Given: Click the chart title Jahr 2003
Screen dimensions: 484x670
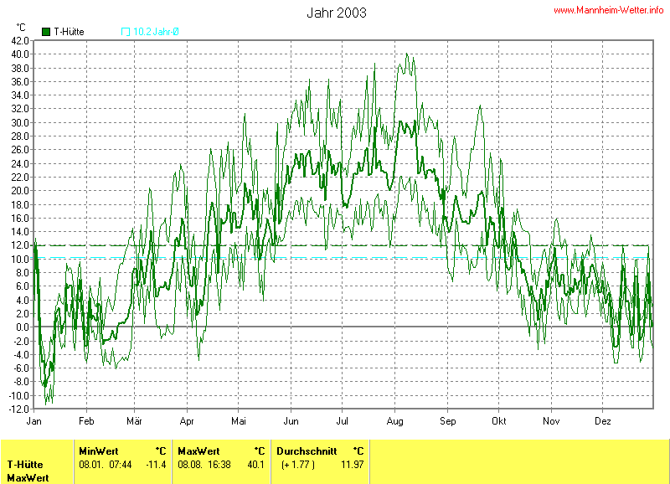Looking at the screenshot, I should coord(337,13).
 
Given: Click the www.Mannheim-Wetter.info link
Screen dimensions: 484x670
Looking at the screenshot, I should coord(609,9).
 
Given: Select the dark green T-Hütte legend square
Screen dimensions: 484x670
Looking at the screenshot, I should coord(46,32).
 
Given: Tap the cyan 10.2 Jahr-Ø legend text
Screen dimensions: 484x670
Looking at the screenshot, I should coord(157,32).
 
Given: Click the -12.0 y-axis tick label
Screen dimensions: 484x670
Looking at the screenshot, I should coord(19,409).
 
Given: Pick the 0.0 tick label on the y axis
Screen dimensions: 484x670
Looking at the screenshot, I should coord(23,327).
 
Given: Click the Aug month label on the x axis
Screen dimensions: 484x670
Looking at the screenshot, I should coord(396,420).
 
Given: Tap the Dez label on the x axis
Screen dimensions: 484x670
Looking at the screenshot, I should coord(604,420).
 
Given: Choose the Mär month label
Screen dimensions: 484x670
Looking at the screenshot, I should coord(136,420).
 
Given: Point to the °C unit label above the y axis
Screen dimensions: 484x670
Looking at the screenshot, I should coord(21,28).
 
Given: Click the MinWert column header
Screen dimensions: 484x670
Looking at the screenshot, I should coord(99,451).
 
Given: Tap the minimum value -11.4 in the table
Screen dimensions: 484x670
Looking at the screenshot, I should coord(156,464).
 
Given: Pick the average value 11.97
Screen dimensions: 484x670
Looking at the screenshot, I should coord(353,464).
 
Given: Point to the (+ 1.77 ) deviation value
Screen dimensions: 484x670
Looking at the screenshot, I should coord(298,464).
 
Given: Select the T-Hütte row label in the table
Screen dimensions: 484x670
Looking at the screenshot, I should coord(25,464).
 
